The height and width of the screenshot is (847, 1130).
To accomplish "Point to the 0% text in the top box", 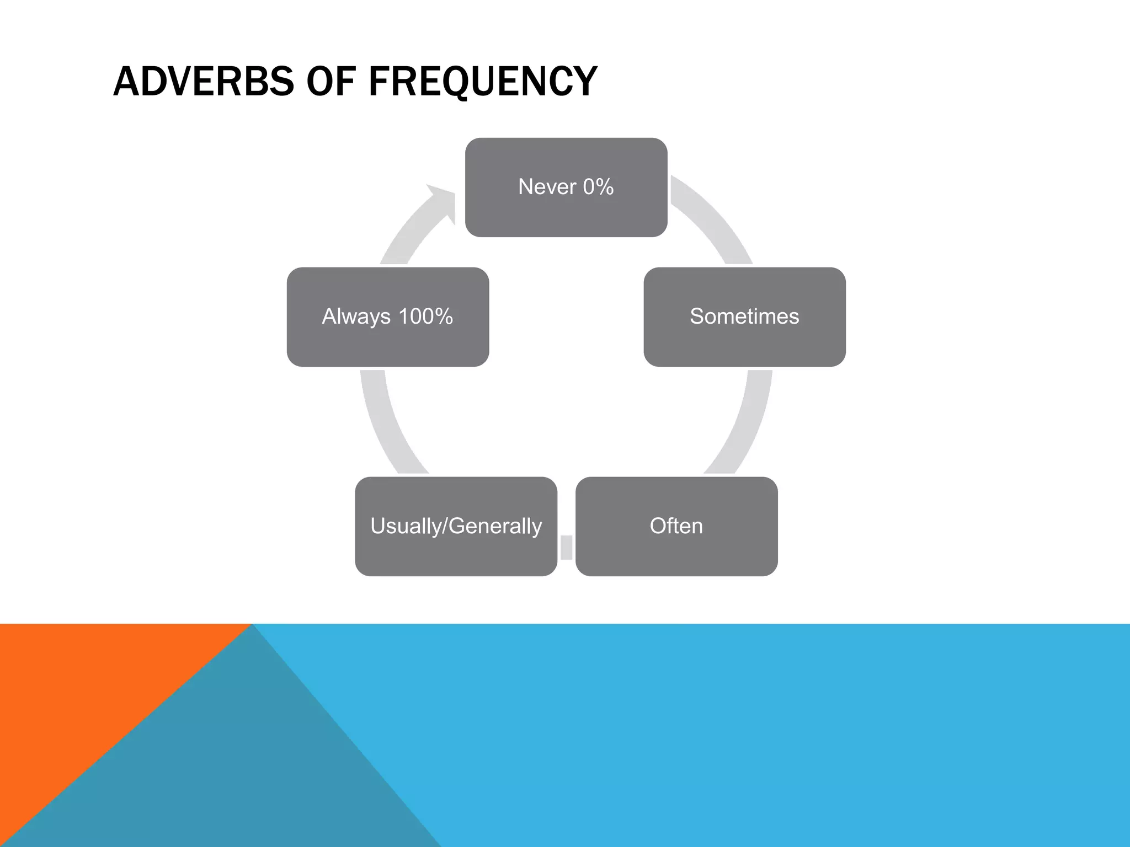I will pos(598,187).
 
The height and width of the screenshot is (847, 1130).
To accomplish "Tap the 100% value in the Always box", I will pos(425,317).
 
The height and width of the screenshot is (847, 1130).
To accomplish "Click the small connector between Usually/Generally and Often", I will pos(566,547).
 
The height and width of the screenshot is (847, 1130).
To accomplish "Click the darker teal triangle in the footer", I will pos(248,772).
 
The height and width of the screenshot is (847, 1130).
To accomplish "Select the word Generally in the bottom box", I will pos(495,526).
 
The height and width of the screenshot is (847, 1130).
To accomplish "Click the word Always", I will pos(356,317).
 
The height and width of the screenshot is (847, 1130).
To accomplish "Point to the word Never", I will pos(547,187).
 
